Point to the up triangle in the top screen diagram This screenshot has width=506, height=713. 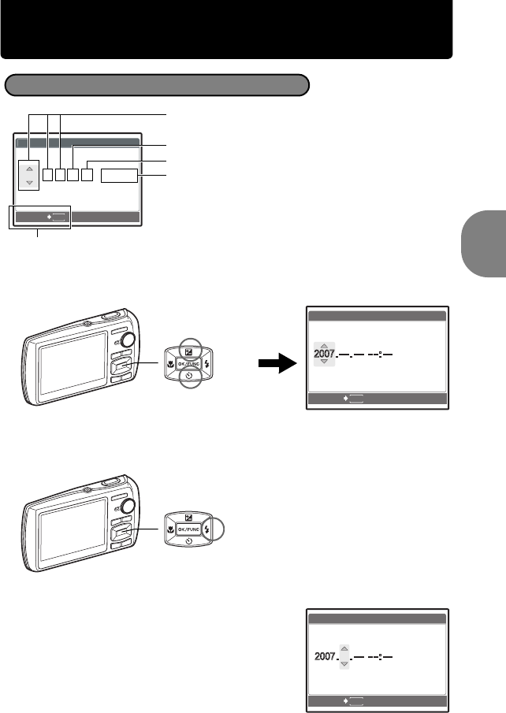pyautogui.click(x=29, y=169)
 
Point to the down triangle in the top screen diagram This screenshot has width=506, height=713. pyautogui.click(x=29, y=183)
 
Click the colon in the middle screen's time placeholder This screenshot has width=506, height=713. pyautogui.click(x=381, y=355)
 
